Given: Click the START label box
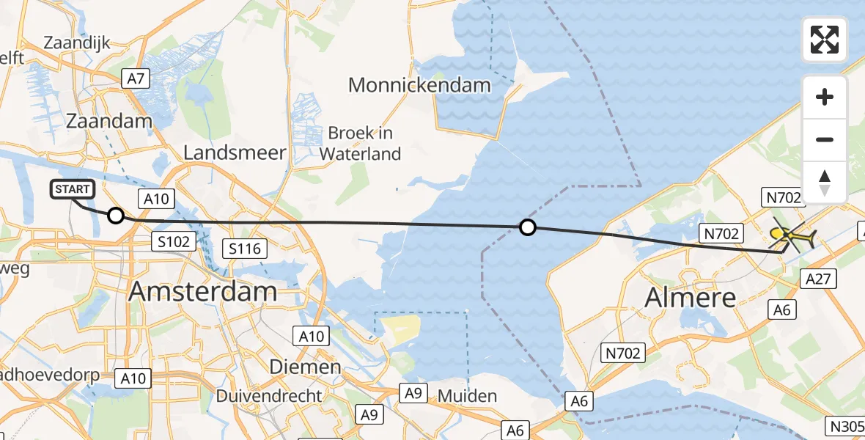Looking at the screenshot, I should [73, 190].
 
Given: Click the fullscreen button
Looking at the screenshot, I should [825, 40].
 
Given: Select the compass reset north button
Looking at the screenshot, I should [825, 182].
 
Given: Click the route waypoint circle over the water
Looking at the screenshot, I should [527, 227].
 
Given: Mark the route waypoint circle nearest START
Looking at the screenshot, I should [116, 216].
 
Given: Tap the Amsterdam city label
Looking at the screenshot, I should [203, 291].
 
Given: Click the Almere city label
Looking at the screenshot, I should [690, 297].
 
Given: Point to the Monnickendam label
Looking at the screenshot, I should [419, 85].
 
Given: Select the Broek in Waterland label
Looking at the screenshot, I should [361, 144].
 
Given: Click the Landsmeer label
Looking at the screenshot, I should [235, 153].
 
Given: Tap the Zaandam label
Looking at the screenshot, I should [108, 121].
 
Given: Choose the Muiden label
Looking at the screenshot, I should [467, 396].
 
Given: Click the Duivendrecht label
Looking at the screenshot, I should [269, 396].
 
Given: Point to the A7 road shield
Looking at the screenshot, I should [136, 78].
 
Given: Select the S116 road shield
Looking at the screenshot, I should [244, 249].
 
